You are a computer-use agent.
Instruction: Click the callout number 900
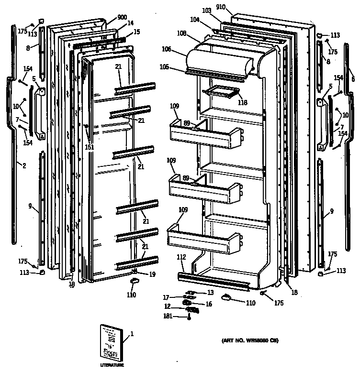(x=122, y=17)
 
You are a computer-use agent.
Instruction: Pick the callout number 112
(x=181, y=258)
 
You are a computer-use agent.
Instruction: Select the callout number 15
(x=137, y=32)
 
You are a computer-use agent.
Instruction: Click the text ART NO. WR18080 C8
(x=249, y=341)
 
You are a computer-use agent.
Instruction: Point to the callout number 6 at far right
(x=353, y=79)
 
